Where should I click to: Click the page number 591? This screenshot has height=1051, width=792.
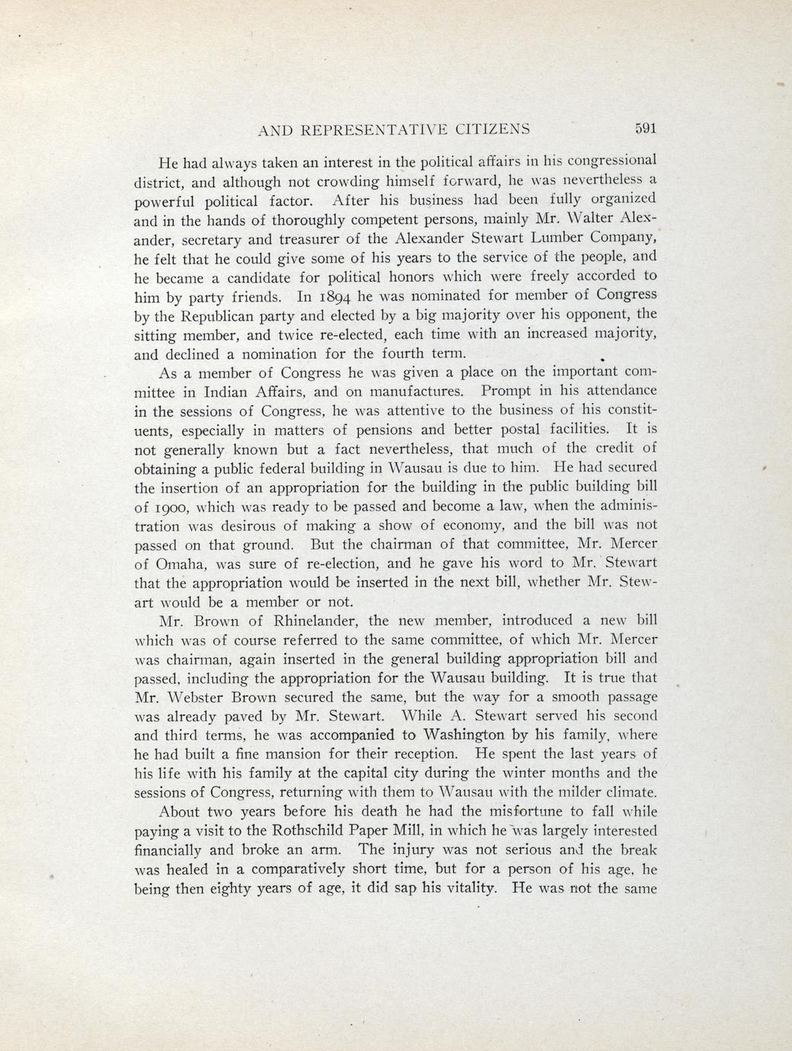tap(644, 129)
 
